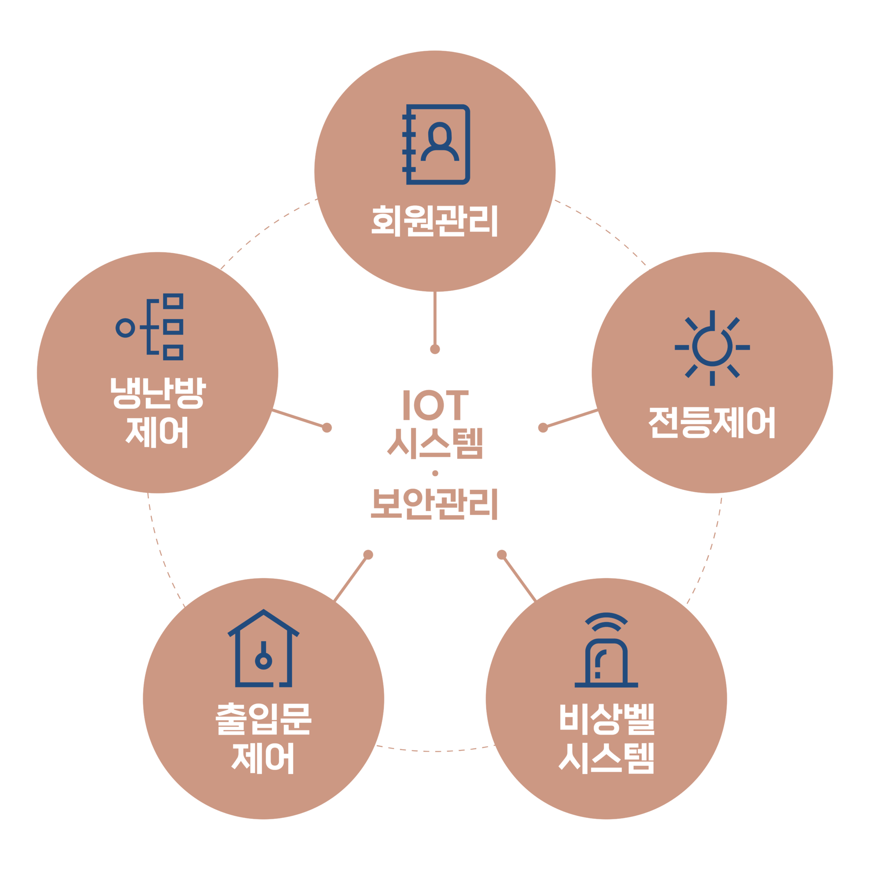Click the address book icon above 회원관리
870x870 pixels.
(x=436, y=145)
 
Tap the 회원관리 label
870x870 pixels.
(x=434, y=221)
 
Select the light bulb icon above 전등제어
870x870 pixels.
(x=712, y=348)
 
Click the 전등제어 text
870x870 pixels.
(x=712, y=422)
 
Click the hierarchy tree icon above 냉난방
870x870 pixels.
(x=150, y=327)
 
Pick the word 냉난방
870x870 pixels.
(x=158, y=393)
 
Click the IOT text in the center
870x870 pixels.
(x=435, y=405)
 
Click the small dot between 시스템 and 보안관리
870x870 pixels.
(x=435, y=473)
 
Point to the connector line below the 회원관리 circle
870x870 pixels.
(x=435, y=318)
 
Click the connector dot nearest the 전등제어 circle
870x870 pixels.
(x=543, y=427)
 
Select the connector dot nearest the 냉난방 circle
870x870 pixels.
(x=327, y=427)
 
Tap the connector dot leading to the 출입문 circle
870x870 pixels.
(x=368, y=554)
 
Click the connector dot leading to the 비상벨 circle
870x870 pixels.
(x=502, y=554)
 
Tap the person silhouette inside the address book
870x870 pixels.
(x=440, y=141)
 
